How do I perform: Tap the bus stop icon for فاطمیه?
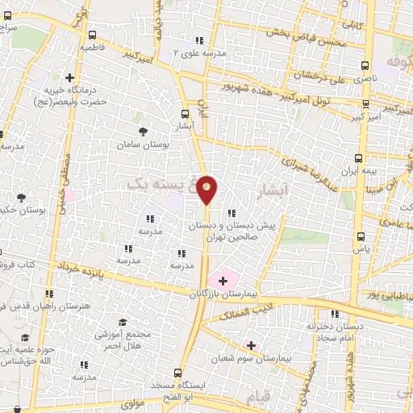93,35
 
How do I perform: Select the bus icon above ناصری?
365,66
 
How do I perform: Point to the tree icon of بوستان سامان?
142,131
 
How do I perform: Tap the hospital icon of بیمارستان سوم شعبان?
251,344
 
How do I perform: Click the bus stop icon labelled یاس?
361,237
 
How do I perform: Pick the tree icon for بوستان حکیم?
22,197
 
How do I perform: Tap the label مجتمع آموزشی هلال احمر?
118,339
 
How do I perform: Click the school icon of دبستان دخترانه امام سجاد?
332,315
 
